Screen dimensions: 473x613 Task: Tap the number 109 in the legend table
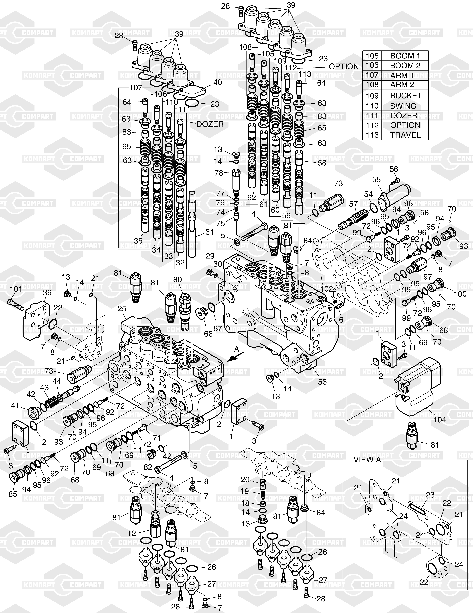pos(372,96)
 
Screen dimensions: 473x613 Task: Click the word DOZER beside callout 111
pos(210,124)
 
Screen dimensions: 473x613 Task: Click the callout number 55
pos(376,179)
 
